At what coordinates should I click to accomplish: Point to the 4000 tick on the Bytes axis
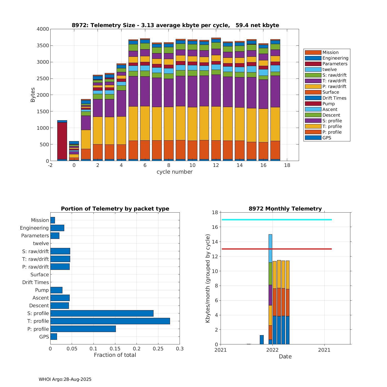tap(43, 29)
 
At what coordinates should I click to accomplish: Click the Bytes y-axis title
tap(33, 95)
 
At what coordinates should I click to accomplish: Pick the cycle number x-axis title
tap(174, 172)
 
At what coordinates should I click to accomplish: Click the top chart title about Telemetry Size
tap(175, 25)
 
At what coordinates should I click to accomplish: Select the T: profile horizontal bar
tap(110, 321)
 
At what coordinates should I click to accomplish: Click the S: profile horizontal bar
tap(102, 313)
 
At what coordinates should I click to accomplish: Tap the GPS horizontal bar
tap(54, 336)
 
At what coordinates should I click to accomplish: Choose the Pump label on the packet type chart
tap(42, 290)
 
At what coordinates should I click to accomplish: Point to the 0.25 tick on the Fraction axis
tap(158, 349)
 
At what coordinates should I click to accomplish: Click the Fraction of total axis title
tap(115, 355)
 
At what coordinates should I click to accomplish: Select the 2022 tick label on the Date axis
tap(272, 350)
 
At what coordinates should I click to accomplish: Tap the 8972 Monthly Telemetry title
tap(285, 209)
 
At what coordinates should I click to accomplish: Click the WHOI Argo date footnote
tap(65, 379)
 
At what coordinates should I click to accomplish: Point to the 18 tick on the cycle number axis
tap(287, 165)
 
